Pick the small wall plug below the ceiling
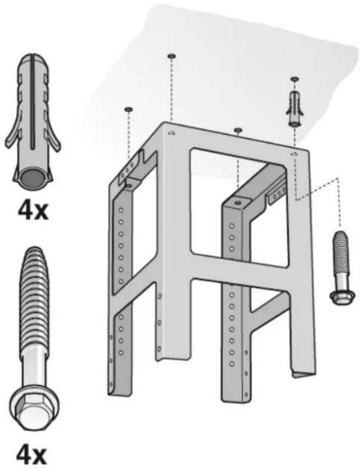pyautogui.click(x=294, y=110)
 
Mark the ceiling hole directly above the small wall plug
pyautogui.click(x=294, y=79)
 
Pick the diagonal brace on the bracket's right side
pyautogui.click(x=270, y=312)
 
